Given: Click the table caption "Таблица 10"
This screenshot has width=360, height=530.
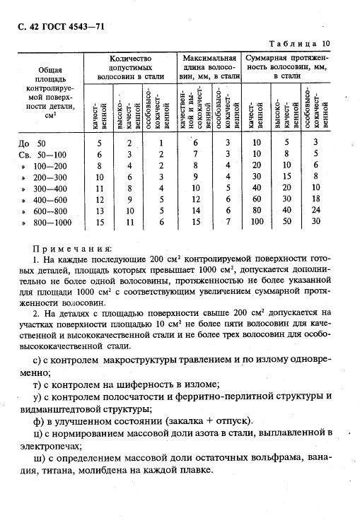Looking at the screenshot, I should pos(310,43).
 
